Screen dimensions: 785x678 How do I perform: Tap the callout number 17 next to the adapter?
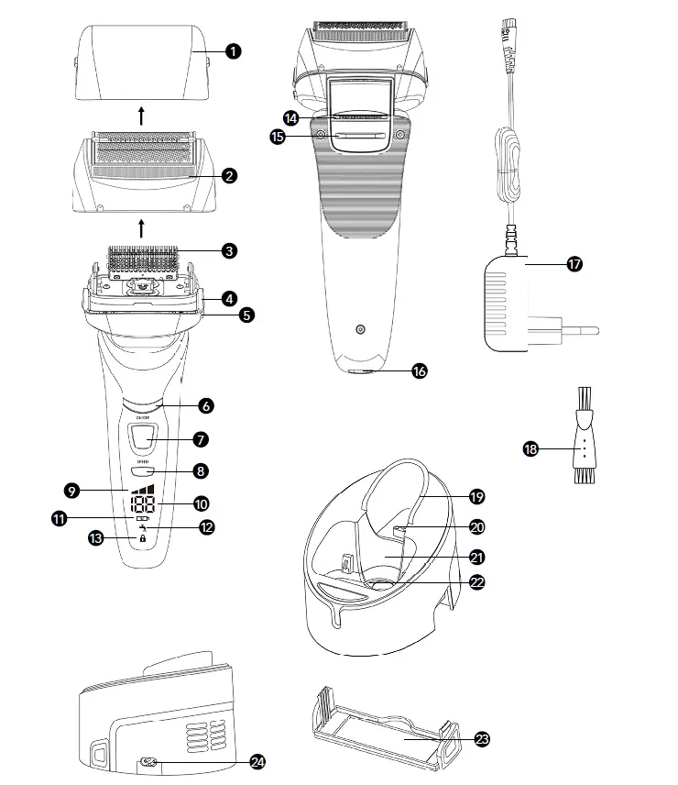click(x=574, y=264)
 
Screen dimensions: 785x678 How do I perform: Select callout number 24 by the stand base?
click(x=258, y=761)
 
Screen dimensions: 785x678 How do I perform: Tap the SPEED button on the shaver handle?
click(x=143, y=471)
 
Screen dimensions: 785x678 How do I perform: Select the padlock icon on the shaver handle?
click(x=143, y=539)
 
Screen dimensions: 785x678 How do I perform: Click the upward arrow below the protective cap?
click(x=140, y=116)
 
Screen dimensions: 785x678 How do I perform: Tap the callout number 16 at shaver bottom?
click(x=420, y=370)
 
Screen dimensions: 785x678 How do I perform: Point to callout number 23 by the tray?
click(x=482, y=737)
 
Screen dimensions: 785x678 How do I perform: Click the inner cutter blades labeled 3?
click(x=142, y=257)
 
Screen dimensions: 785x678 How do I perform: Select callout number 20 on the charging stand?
click(x=476, y=526)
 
